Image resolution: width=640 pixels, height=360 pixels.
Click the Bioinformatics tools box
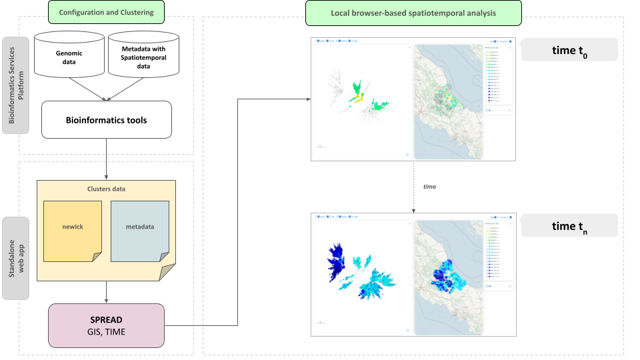[106, 121]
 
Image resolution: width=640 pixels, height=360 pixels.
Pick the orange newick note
[72, 227]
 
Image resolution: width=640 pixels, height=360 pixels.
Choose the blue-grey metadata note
[140, 227]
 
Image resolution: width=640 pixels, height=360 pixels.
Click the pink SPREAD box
[106, 325]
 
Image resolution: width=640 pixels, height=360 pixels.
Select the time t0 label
[569, 50]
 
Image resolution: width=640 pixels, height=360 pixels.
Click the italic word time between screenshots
[429, 187]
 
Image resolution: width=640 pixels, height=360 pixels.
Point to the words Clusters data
[106, 189]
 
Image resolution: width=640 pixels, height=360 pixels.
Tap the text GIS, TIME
[106, 331]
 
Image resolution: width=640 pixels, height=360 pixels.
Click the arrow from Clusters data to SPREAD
[106, 291]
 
